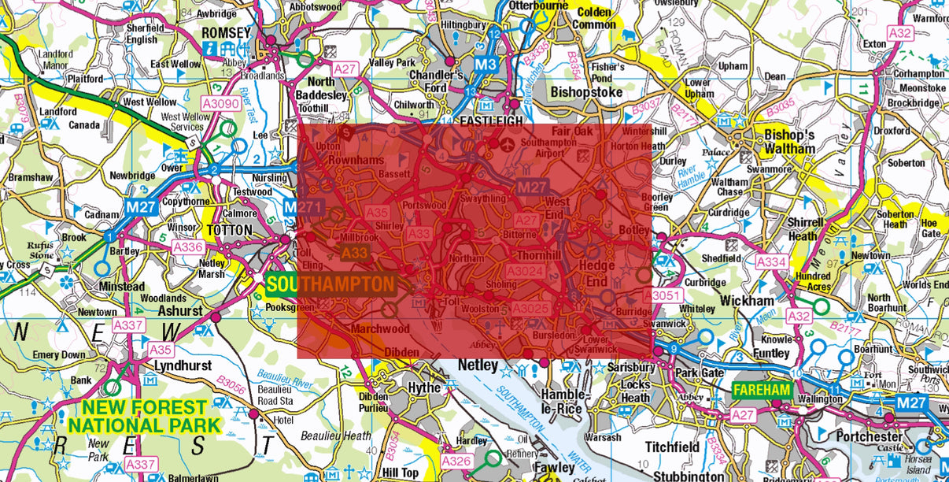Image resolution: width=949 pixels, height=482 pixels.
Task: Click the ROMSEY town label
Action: coord(226,33)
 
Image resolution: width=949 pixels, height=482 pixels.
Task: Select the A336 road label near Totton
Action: coord(188,247)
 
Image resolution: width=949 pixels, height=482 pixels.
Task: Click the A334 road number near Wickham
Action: coord(772,261)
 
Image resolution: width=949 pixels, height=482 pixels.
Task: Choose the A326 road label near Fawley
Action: coord(456,461)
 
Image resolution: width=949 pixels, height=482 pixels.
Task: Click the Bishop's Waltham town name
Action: coord(789,142)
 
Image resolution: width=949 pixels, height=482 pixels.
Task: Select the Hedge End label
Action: coord(596,273)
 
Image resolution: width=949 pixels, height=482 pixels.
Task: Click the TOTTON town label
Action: coord(230,231)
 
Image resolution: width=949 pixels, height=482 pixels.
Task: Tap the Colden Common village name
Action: coord(594,18)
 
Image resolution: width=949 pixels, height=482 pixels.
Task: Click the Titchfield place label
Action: coord(672,447)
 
